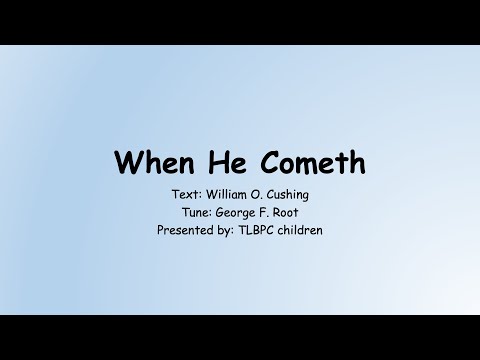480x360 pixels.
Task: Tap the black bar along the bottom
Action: pos(240,337)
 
